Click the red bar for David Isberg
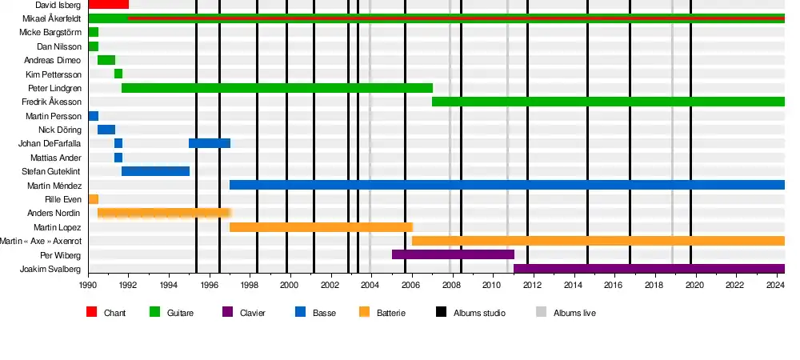(x=108, y=5)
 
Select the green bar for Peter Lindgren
(x=277, y=88)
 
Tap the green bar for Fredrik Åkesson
(x=608, y=102)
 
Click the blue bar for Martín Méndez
(x=506, y=185)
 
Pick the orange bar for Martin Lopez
(x=321, y=227)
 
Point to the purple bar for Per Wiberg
(x=453, y=254)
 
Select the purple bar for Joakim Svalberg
(x=649, y=269)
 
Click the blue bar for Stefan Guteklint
(x=155, y=171)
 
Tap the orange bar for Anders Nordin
(x=164, y=213)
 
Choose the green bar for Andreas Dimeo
(x=106, y=60)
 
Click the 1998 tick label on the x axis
(x=249, y=285)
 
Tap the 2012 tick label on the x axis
(x=532, y=285)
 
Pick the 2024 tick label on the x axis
(x=775, y=285)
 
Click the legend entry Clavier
(x=253, y=313)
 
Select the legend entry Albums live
(x=574, y=313)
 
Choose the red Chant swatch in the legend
(x=91, y=312)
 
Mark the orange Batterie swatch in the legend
(x=364, y=312)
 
